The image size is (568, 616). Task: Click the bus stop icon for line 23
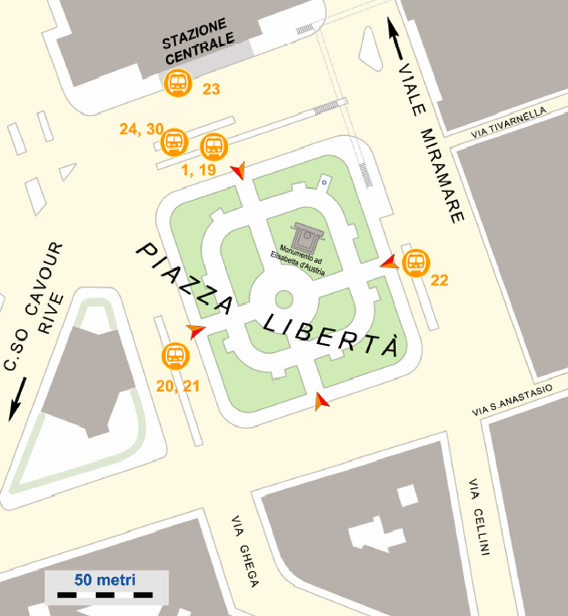(x=177, y=83)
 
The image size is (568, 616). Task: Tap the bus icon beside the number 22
(x=415, y=263)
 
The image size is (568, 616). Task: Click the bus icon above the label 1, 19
(x=213, y=146)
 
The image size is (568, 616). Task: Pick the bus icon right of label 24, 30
(x=173, y=143)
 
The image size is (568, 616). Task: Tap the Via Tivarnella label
(x=509, y=123)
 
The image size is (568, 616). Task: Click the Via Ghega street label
(x=245, y=552)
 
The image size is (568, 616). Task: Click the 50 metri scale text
(x=105, y=579)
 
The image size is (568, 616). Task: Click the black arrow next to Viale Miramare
(x=396, y=40)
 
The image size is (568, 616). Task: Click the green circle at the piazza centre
(x=284, y=298)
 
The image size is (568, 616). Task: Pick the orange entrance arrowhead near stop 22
(x=389, y=263)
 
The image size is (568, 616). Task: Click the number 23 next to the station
(x=212, y=89)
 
